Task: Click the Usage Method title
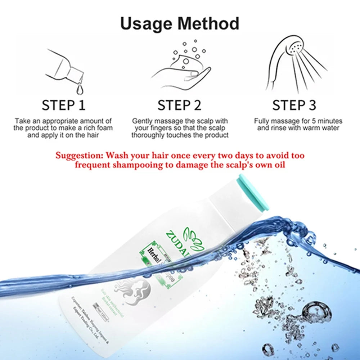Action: pyautogui.click(x=180, y=24)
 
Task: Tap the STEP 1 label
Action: pyautogui.click(x=64, y=105)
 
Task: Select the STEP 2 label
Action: pyautogui.click(x=179, y=105)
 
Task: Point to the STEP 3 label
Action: pyautogui.click(x=294, y=105)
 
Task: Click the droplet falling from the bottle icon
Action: pyautogui.click(x=78, y=87)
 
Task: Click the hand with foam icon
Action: pyautogui.click(x=182, y=68)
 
